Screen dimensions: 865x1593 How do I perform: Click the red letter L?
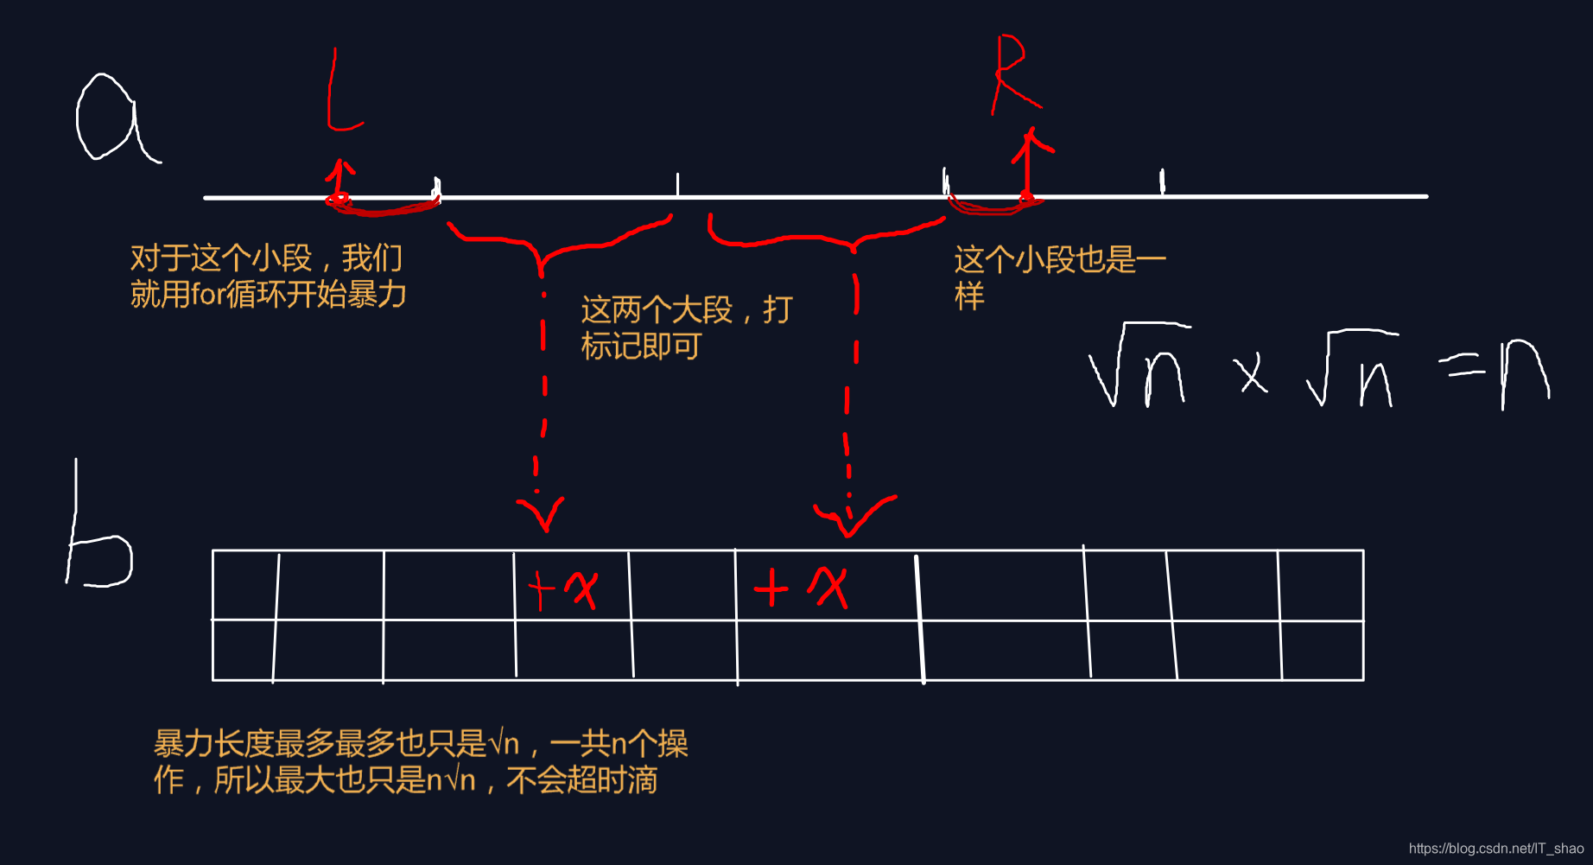point(340,91)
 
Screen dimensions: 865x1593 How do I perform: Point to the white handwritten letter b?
point(97,536)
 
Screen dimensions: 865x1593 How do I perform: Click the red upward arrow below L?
point(340,180)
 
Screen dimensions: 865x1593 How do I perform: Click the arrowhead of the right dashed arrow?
point(852,516)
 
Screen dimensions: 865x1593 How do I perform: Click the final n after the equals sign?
point(1525,373)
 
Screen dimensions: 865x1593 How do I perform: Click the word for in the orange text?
point(207,295)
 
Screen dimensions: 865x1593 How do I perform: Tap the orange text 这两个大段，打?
point(686,309)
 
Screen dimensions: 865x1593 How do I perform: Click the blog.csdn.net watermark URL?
point(1495,849)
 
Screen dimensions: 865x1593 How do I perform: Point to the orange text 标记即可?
point(641,347)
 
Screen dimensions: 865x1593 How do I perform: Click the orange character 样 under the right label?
point(969,296)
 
